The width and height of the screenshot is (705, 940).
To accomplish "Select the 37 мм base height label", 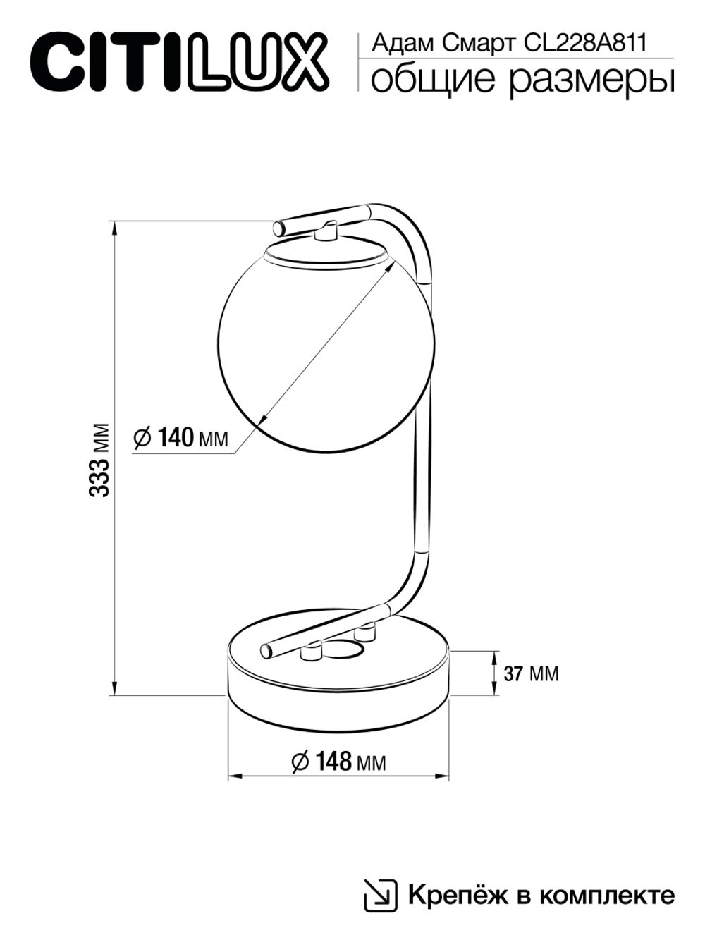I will tap(531, 673).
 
